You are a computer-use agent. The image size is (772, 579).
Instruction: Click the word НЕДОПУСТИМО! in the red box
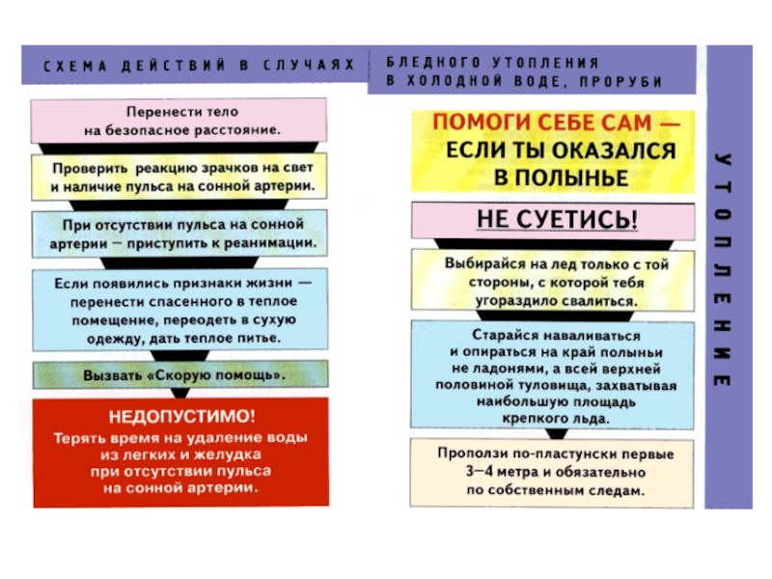coord(182,417)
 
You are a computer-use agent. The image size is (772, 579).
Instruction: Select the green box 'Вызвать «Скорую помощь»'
coord(180,374)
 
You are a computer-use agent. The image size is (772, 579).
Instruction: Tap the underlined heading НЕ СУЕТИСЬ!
coord(557,219)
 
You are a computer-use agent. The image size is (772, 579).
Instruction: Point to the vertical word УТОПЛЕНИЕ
coord(723,269)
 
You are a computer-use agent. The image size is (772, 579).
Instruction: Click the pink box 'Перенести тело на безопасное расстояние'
coord(179,121)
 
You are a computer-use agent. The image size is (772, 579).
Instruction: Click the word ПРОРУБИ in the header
coord(620,82)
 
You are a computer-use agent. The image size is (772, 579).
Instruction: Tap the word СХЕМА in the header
coord(75,66)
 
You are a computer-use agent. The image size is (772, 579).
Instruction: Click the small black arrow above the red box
coord(180,393)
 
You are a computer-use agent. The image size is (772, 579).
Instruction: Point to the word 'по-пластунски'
coord(564,454)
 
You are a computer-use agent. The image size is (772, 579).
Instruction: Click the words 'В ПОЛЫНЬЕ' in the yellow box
coord(561,178)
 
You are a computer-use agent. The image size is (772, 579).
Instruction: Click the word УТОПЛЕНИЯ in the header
coord(545,63)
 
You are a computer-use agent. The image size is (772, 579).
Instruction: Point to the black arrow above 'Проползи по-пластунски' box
coord(557,433)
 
